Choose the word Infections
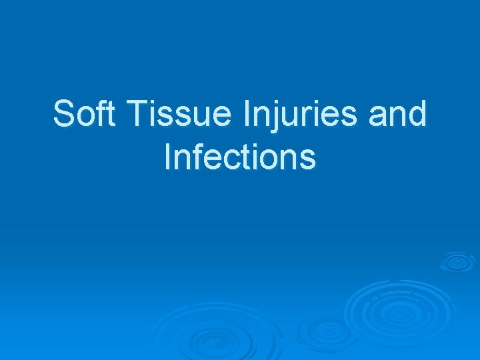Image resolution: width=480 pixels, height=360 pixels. click(x=239, y=157)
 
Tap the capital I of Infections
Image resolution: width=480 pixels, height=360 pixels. click(x=167, y=157)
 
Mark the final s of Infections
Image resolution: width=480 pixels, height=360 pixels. click(x=307, y=160)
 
